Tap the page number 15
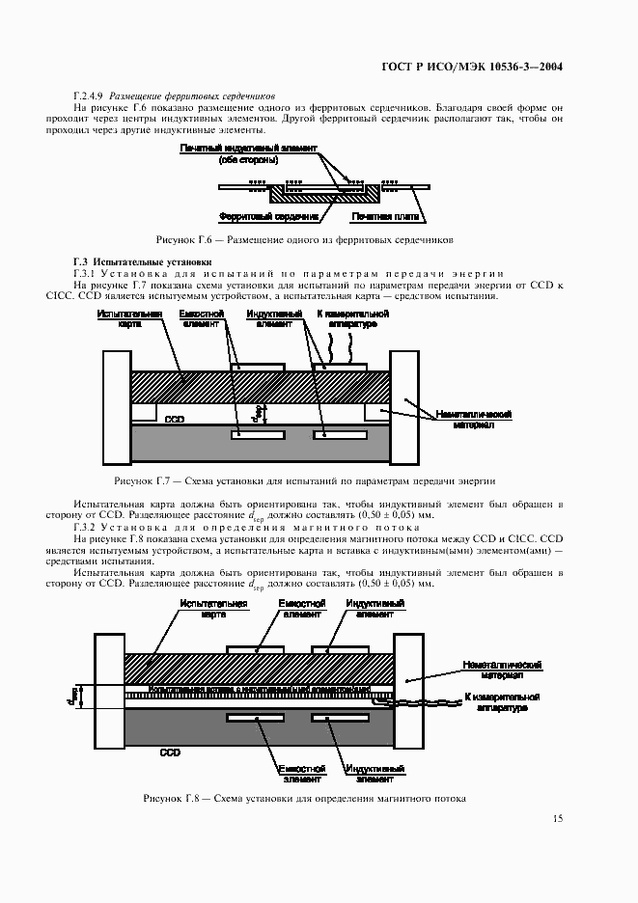[557, 819]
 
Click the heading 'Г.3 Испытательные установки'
[142, 262]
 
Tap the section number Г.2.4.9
[89, 96]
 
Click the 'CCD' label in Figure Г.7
[175, 420]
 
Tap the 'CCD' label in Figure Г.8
[170, 751]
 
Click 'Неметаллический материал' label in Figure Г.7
[473, 420]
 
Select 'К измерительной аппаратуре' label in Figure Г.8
[501, 702]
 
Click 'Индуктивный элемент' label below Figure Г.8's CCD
[374, 774]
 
